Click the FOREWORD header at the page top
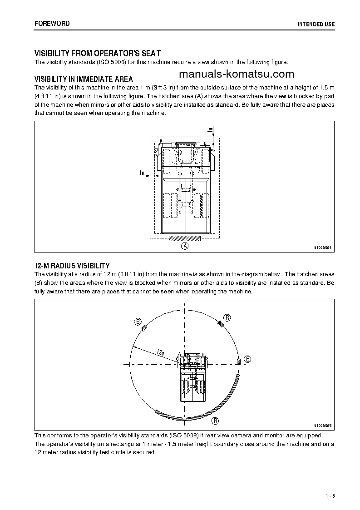[x=52, y=23]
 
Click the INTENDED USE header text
[x=316, y=24]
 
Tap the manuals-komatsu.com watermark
[x=237, y=74]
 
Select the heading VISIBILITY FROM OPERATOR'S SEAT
[x=98, y=53]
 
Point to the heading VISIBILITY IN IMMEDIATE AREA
[x=84, y=79]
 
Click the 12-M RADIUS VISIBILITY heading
[x=72, y=265]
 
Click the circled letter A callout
[x=184, y=246]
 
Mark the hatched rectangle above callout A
[x=184, y=238]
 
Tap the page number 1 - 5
[x=330, y=495]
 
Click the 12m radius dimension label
[x=160, y=352]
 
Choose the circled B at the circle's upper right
[x=227, y=317]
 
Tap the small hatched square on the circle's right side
[x=238, y=361]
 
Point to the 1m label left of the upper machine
[x=142, y=173]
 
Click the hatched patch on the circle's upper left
[x=144, y=329]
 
